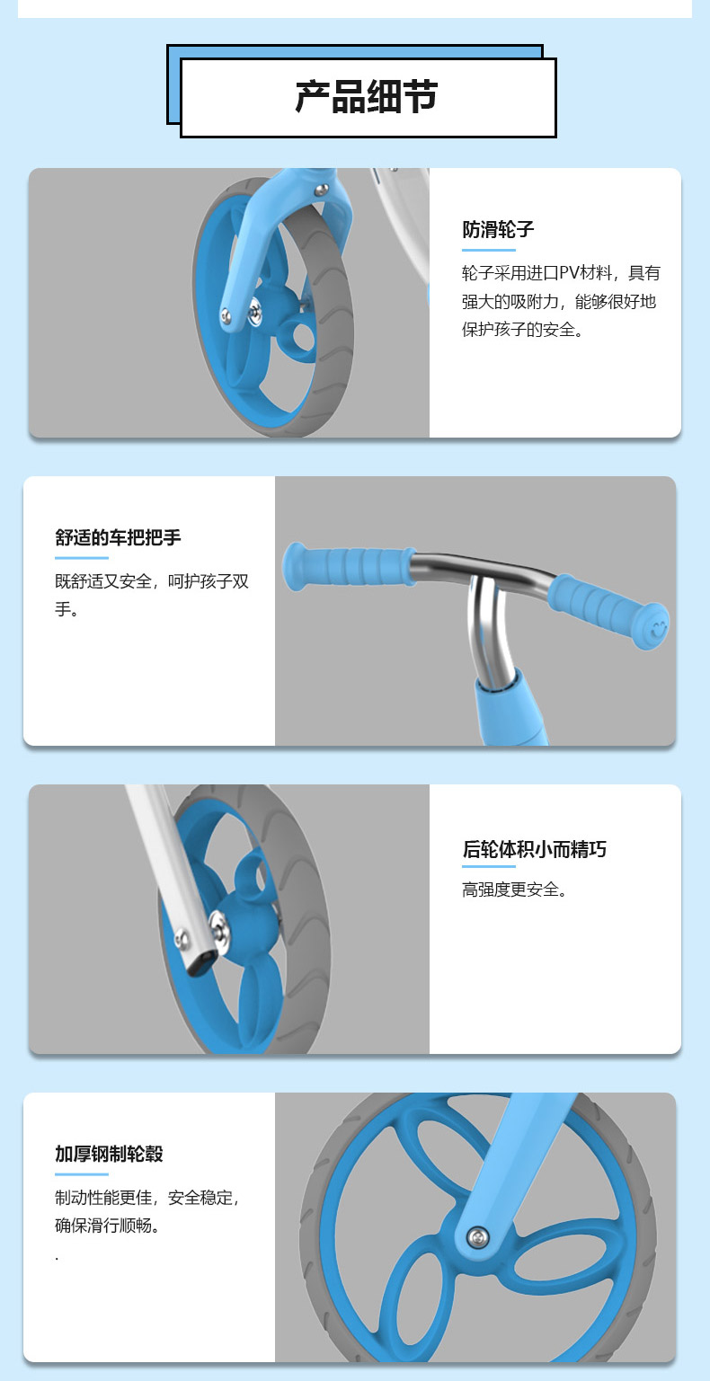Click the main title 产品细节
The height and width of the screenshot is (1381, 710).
point(367,97)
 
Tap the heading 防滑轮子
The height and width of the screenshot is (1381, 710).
point(498,229)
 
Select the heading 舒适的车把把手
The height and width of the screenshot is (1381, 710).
point(118,537)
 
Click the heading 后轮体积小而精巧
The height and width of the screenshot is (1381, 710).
point(534,849)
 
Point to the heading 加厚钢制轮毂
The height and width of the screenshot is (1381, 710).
point(109,1154)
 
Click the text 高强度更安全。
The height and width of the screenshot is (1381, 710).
point(514,889)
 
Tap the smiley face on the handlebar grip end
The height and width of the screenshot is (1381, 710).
point(659,629)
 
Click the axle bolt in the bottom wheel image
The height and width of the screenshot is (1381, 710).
point(477,1236)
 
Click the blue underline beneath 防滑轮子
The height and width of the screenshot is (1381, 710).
point(489,250)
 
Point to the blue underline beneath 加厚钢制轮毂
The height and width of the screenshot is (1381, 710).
point(82,1173)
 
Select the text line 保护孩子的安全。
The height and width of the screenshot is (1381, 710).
point(522,329)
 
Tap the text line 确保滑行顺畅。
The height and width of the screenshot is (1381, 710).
point(108,1225)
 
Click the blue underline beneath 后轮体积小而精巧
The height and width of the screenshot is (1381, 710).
point(489,866)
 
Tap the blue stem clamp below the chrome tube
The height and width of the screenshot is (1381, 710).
point(510,709)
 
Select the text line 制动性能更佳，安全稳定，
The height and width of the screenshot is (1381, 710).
point(146,1198)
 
